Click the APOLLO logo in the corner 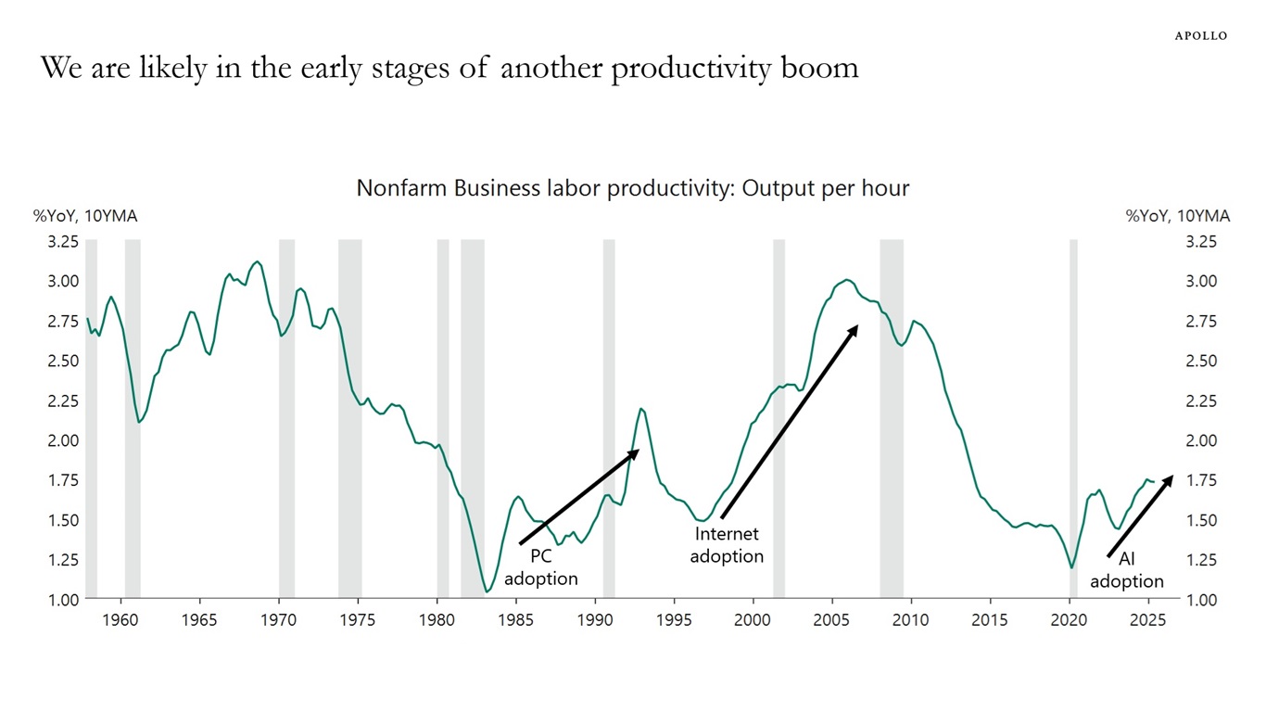[1200, 35]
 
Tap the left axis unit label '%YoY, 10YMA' [85, 216]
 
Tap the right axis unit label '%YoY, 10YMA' [1178, 216]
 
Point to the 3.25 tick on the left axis [63, 242]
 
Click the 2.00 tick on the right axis [1202, 440]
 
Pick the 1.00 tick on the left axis [63, 600]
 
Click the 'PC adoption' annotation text [540, 567]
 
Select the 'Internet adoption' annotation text [727, 545]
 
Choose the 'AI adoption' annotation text [1126, 570]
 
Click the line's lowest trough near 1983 [486, 591]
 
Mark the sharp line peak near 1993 [641, 408]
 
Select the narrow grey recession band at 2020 [1073, 417]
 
